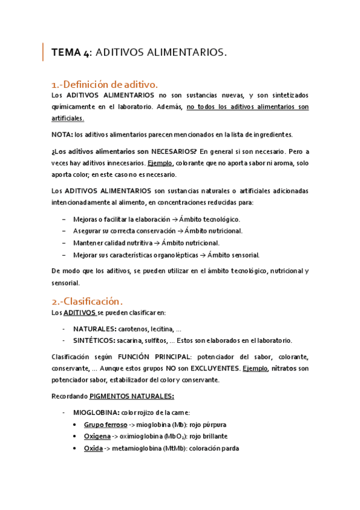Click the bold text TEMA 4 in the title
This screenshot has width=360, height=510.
71,53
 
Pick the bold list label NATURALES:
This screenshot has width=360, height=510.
95,329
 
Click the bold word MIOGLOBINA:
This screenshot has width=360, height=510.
96,413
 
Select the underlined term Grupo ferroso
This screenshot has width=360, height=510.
105,425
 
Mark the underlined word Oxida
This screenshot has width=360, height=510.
93,448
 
